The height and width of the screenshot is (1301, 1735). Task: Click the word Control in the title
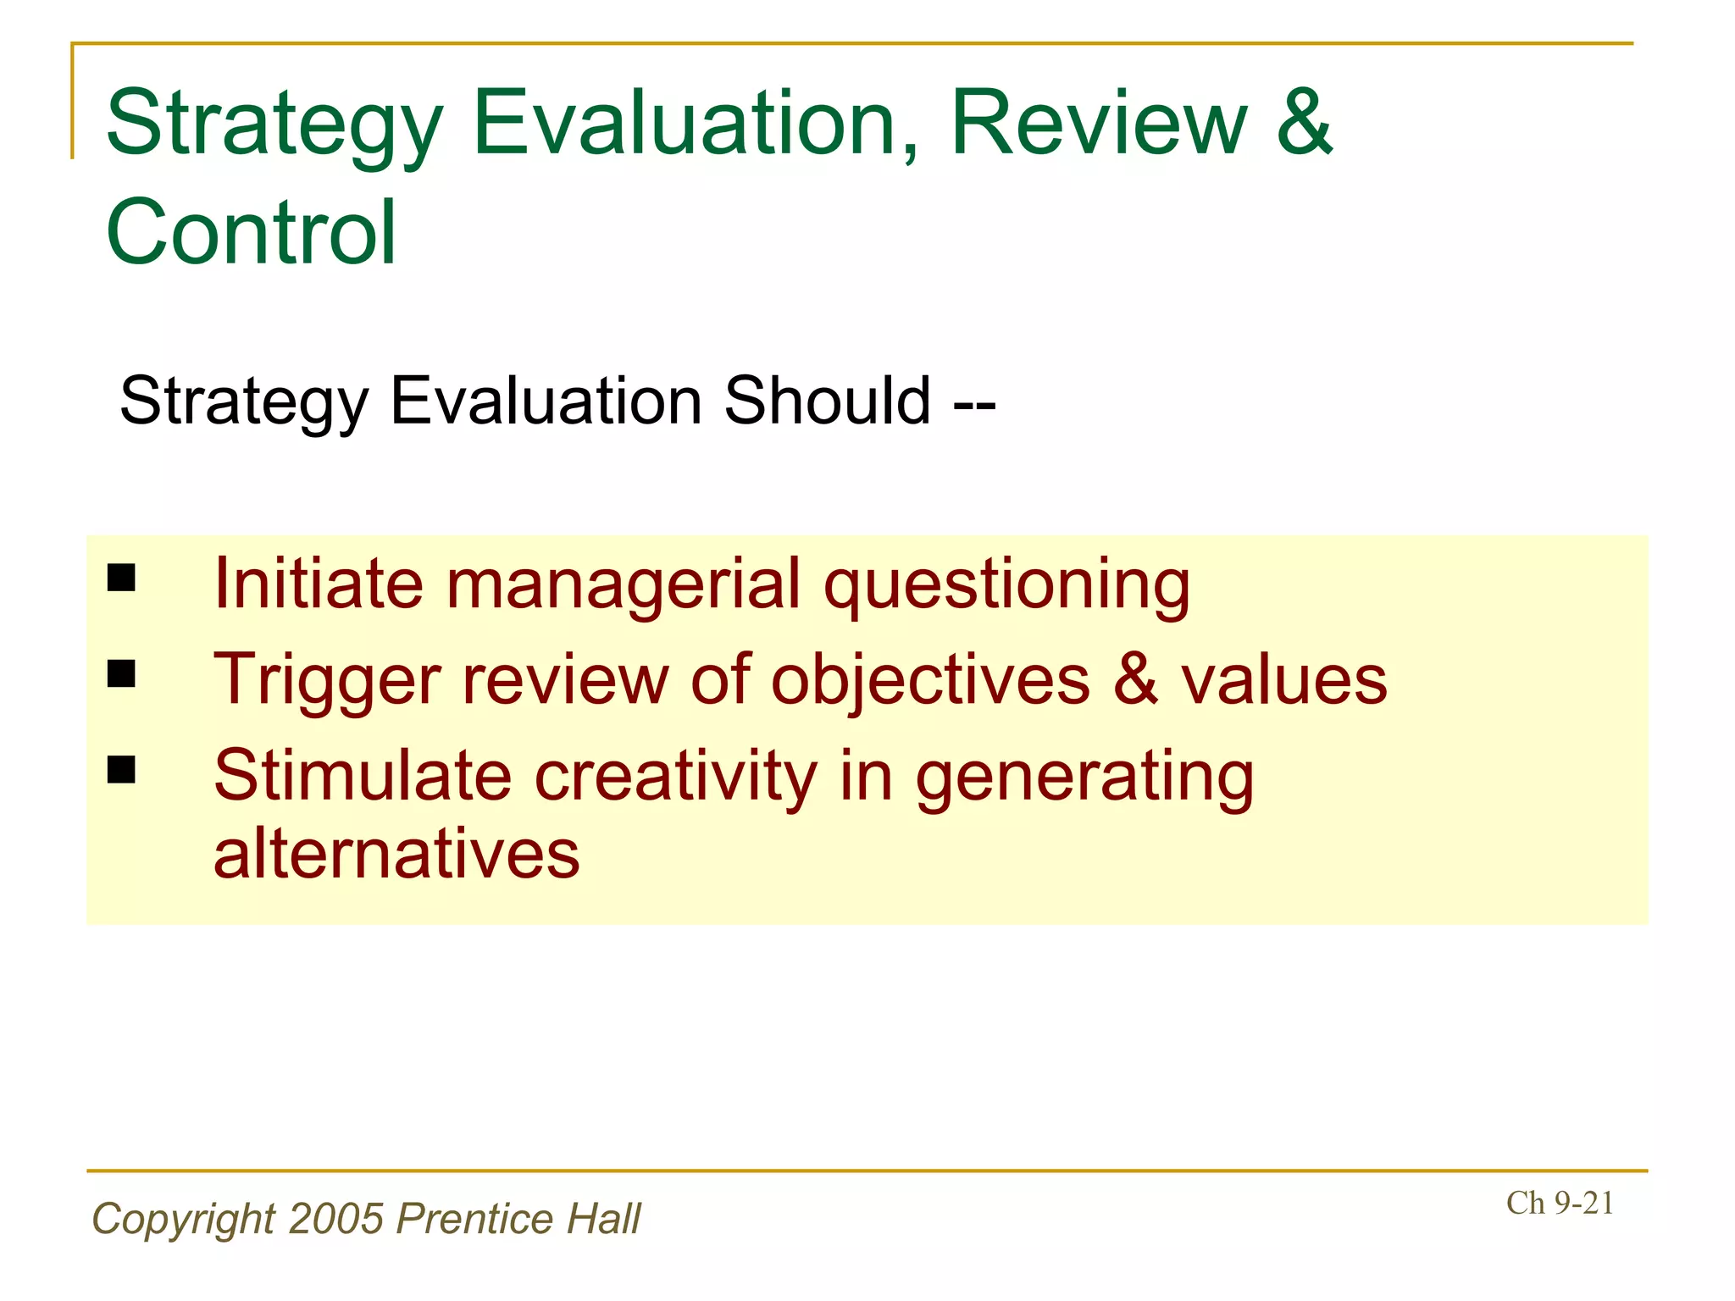pyautogui.click(x=251, y=232)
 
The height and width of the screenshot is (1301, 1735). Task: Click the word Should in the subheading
pyautogui.click(x=827, y=401)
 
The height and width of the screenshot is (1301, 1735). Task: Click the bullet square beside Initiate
pyautogui.click(x=122, y=578)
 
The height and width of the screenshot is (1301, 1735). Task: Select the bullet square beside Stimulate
pyautogui.click(x=122, y=769)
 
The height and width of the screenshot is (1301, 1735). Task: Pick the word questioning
pyautogui.click(x=1007, y=586)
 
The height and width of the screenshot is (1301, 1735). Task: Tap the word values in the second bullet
pyautogui.click(x=1284, y=680)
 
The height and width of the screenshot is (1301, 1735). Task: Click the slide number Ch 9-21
pyautogui.click(x=1560, y=1204)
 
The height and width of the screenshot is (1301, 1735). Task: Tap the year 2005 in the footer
pyautogui.click(x=336, y=1219)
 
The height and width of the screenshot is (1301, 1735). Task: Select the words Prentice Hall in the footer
pyautogui.click(x=518, y=1219)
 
